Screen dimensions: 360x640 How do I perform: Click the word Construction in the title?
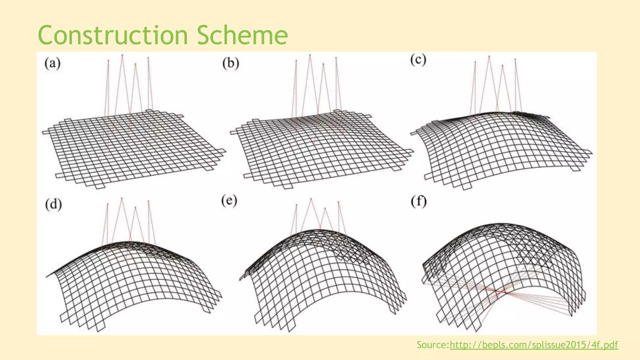tap(112, 35)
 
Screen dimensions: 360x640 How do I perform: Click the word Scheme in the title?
tap(242, 35)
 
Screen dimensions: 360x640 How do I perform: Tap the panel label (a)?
tap(52, 63)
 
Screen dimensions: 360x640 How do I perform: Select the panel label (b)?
tap(231, 63)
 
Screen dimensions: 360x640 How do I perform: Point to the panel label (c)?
tap(418, 60)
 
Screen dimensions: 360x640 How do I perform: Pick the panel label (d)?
tap(53, 205)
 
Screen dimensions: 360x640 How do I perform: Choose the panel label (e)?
tap(229, 201)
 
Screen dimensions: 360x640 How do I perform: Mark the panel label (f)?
tap(418, 202)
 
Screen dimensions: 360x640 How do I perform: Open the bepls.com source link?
tap(534, 345)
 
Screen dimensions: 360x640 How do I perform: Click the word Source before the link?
tap(433, 345)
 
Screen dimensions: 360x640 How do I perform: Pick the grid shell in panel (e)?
tap(322, 275)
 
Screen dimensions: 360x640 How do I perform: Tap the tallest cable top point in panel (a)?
tap(122, 55)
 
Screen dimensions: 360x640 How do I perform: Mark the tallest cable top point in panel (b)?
tap(310, 55)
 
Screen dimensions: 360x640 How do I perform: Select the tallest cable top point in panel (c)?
tap(489, 56)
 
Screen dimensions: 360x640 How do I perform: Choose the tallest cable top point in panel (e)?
tap(311, 198)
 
